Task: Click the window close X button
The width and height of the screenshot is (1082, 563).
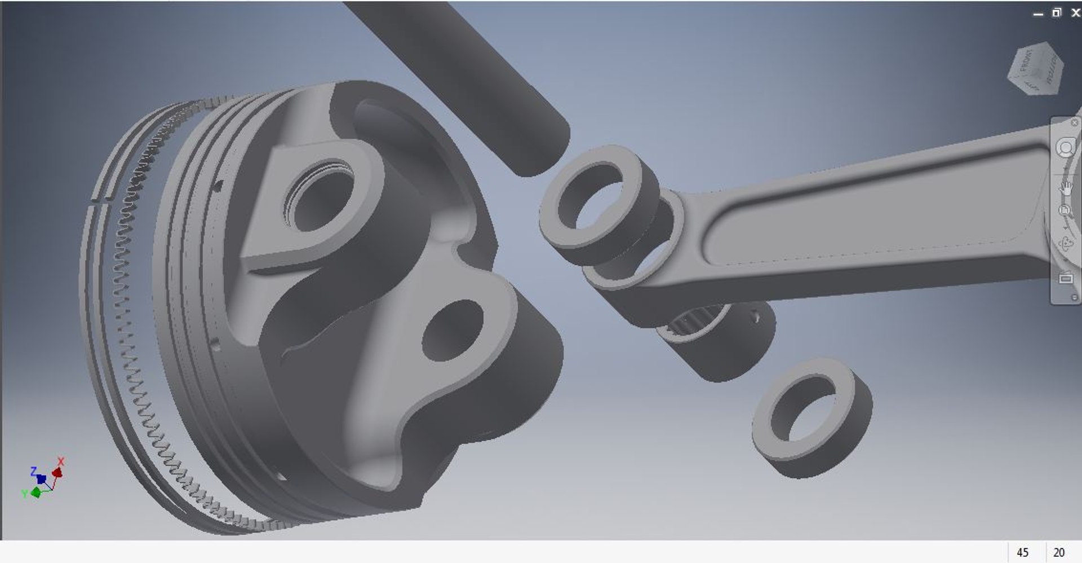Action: point(1075,12)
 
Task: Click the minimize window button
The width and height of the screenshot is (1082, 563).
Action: point(1038,14)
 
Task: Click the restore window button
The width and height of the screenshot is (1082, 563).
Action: point(1057,12)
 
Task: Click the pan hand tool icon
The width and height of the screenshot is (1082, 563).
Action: point(1065,188)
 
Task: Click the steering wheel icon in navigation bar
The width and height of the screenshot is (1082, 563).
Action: point(1065,148)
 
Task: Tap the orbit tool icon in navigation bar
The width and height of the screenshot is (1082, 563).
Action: point(1065,244)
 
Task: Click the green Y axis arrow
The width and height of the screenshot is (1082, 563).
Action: point(36,492)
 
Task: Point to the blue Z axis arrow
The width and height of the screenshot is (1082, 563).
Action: point(41,478)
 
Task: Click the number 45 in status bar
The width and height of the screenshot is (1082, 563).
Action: point(1022,552)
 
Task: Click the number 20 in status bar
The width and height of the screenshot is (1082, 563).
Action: point(1059,552)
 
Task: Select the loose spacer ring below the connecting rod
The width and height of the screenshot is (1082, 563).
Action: point(812,417)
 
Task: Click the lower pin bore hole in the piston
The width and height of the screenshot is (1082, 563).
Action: point(451,330)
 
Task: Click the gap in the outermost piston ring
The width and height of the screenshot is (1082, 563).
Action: point(102,199)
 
